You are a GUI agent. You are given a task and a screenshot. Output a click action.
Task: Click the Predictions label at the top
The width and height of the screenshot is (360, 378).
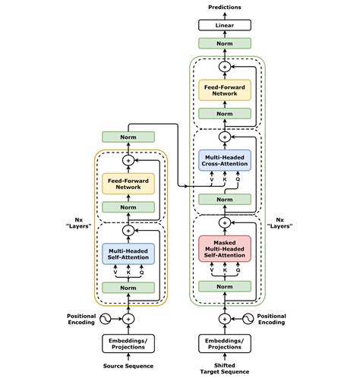(x=224, y=7)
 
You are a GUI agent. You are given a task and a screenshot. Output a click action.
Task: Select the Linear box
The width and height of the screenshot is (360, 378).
(x=224, y=25)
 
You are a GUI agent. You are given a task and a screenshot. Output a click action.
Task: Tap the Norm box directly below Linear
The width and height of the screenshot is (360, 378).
(x=224, y=44)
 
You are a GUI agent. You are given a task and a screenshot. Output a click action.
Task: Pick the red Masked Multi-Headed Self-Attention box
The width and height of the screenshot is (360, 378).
(x=224, y=247)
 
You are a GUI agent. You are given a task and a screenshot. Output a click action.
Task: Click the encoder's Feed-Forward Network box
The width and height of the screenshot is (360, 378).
(x=128, y=183)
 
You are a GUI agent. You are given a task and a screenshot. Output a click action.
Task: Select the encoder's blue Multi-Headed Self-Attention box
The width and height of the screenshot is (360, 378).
(x=128, y=252)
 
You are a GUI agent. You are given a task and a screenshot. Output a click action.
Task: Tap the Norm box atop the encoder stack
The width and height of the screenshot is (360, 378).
(x=128, y=137)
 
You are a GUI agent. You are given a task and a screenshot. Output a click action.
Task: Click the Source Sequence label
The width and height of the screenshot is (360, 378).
(x=128, y=367)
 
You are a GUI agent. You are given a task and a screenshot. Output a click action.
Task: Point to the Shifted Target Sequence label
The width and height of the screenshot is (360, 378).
(x=224, y=370)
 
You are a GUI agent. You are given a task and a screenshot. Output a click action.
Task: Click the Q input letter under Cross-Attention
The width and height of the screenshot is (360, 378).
(x=238, y=181)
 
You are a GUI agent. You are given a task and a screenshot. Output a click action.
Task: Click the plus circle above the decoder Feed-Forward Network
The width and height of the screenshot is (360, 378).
(x=224, y=68)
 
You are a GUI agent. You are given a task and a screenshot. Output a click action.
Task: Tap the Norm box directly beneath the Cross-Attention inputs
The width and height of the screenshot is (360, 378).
(x=224, y=200)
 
